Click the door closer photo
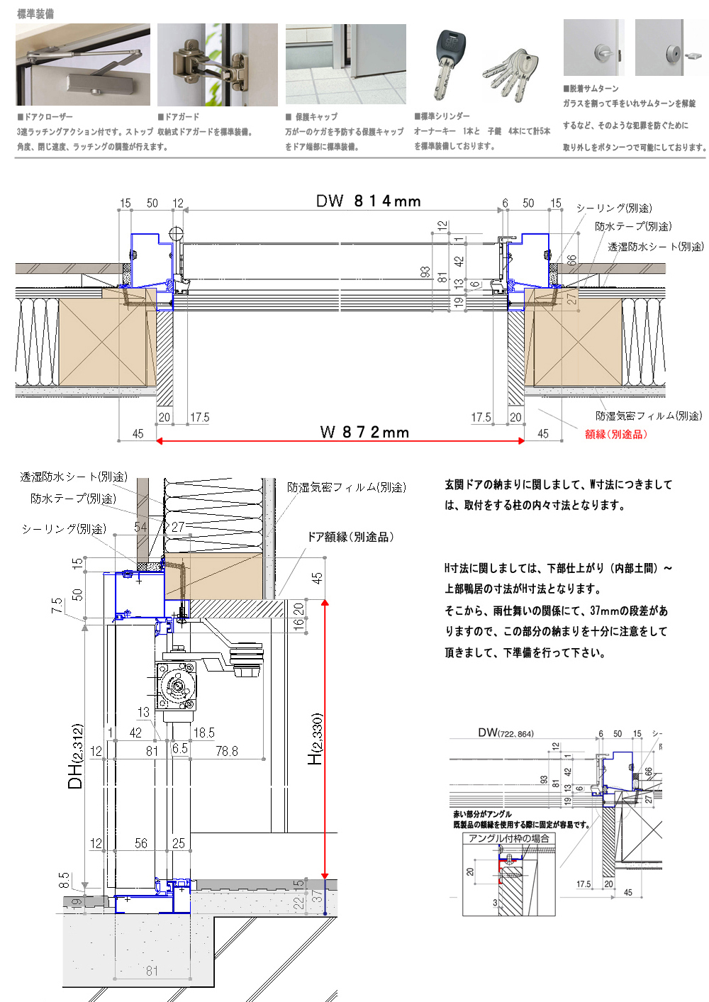coord(83,65)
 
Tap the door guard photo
coord(217,65)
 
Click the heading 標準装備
coord(35,13)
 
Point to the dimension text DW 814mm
coord(368,201)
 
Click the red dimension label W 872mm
coord(364,432)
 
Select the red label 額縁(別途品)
coord(615,434)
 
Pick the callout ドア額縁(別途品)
coord(350,537)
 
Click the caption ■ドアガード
coord(179,116)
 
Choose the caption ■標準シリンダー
coord(442,116)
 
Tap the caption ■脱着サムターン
coord(591,89)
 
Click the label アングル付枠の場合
coord(508,838)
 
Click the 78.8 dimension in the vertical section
coord(227,750)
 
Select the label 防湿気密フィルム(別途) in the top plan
coord(648,416)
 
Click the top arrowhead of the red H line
coord(325,603)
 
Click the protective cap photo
coord(345,65)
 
